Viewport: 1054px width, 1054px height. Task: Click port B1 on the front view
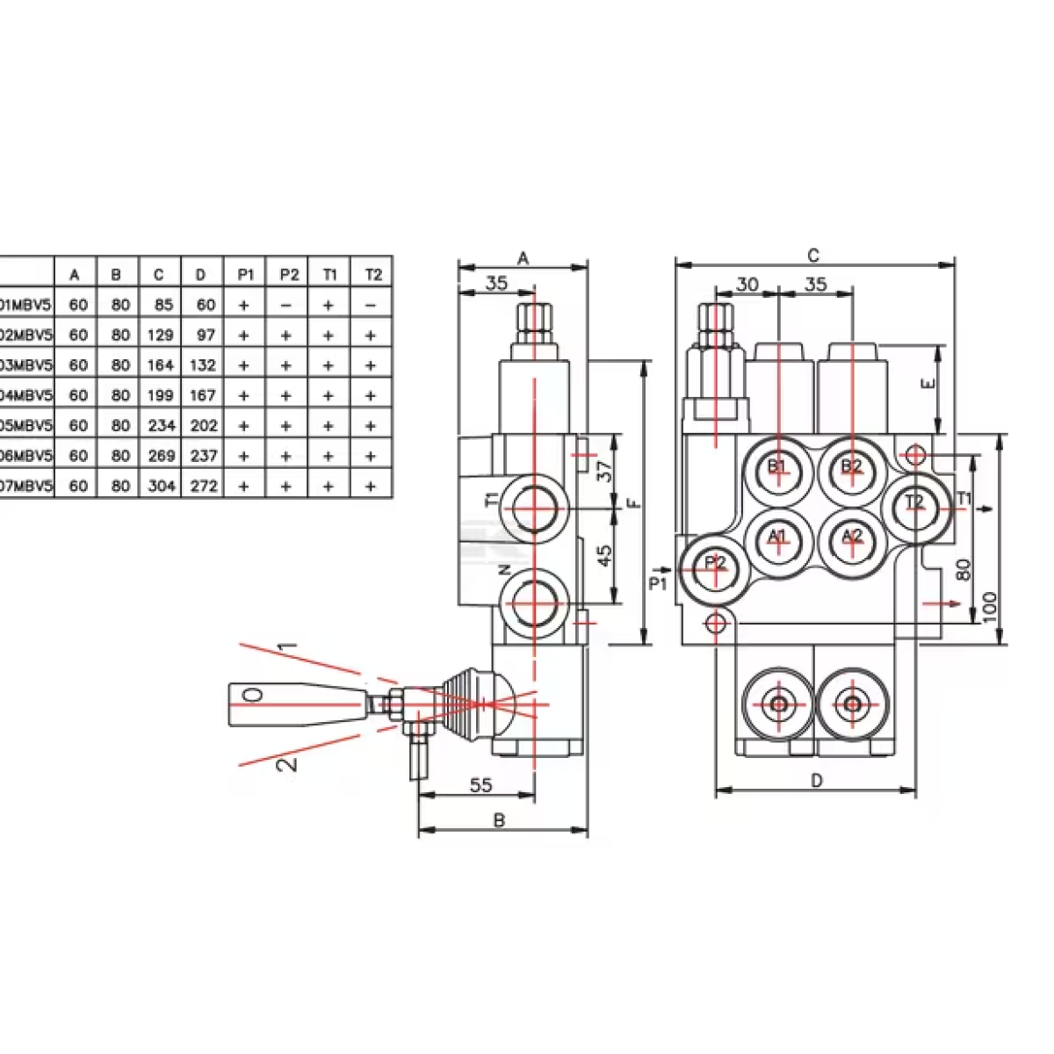[x=777, y=467]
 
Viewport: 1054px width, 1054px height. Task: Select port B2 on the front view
[x=851, y=467]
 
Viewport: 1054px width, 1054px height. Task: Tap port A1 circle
[x=777, y=538]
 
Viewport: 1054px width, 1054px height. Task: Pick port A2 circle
[x=851, y=538]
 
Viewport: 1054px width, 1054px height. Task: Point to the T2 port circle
[x=916, y=503]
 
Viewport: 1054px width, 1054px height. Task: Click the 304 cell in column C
[x=160, y=486]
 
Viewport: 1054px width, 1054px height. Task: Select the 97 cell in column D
[x=203, y=336]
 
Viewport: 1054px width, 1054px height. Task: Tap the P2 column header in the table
[x=288, y=275]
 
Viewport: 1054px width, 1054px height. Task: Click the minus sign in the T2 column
[x=371, y=306]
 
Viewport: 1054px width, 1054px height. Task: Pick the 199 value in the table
[x=160, y=395]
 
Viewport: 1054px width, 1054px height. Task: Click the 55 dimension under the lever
[x=480, y=785]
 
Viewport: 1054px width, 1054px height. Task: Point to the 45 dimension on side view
[x=604, y=556]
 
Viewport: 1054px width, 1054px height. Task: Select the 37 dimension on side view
[x=604, y=472]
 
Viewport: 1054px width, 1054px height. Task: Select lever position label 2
[x=286, y=762]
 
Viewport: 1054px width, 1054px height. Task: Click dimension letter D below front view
[x=816, y=781]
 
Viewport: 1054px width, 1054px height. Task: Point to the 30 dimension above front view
[x=747, y=285]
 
